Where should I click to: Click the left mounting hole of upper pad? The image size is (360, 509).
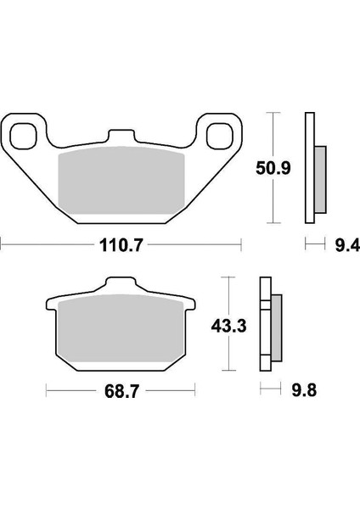click(25, 135)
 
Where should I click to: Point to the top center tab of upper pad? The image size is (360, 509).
click(122, 137)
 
